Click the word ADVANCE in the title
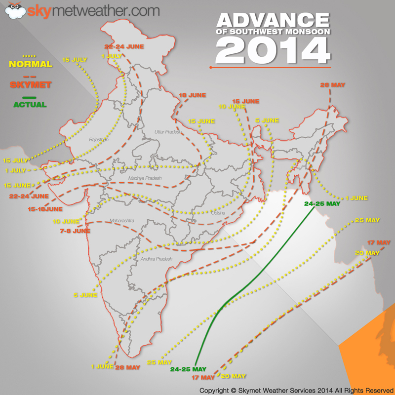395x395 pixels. tap(273, 20)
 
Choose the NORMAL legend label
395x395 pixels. tap(31, 64)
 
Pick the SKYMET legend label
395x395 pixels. tap(31, 84)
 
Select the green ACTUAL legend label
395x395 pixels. tap(31, 105)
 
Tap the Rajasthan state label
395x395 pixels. tap(98, 140)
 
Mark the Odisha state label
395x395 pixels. tap(218, 213)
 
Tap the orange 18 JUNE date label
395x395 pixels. tap(190, 95)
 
